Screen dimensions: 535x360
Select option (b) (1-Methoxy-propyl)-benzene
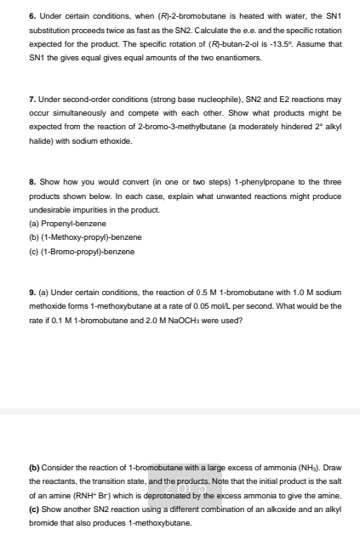tap(74, 236)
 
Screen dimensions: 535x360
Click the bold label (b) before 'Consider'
tap(34, 468)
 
